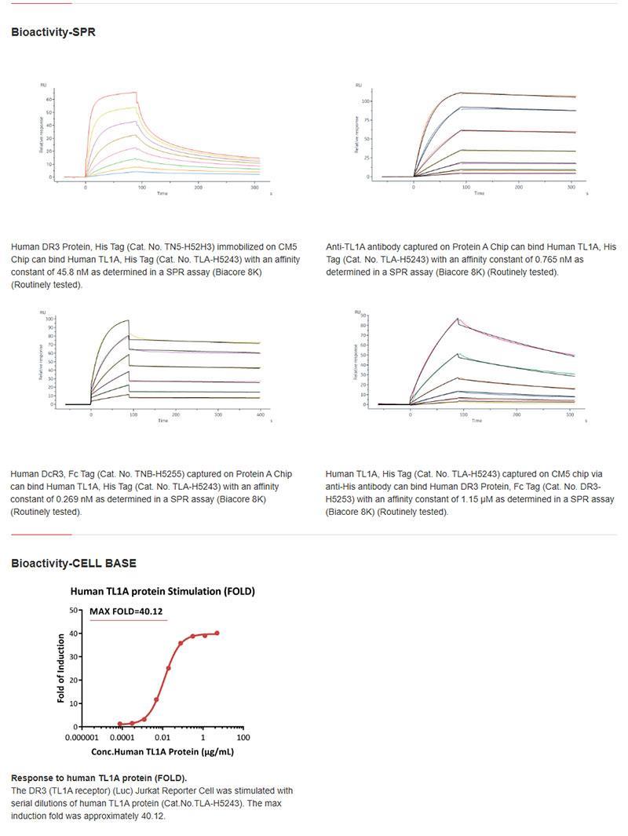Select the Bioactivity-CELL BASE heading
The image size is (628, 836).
coord(74,563)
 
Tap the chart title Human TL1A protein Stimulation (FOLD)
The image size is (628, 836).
coord(162,592)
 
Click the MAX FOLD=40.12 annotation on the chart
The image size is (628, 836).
coord(126,611)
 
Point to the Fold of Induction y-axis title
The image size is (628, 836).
coord(61,668)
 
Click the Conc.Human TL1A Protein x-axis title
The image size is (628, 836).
coord(162,751)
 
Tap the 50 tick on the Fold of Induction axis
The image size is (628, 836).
coord(73,610)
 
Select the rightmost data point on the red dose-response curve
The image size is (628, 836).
coord(217,633)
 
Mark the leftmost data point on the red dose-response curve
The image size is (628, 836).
coord(120,724)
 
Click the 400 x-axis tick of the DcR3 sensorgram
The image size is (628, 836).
coord(259,414)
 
